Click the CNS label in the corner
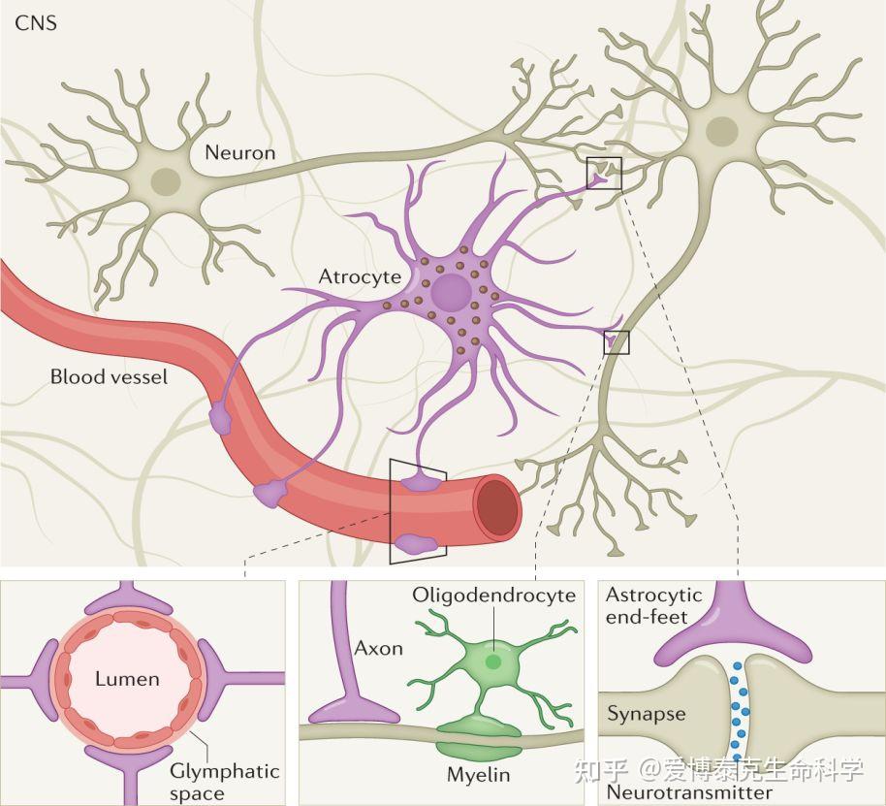[36, 22]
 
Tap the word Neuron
[239, 152]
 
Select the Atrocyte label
[359, 276]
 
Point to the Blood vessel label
[109, 376]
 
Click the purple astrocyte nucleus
[450, 291]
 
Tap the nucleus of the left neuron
[166, 178]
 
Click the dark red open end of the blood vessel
[499, 504]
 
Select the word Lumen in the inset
[127, 678]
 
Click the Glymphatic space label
[224, 782]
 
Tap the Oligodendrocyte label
[493, 595]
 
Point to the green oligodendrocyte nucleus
[494, 661]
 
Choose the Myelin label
[478, 775]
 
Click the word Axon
[378, 648]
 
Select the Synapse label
[647, 715]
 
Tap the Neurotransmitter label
[689, 792]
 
